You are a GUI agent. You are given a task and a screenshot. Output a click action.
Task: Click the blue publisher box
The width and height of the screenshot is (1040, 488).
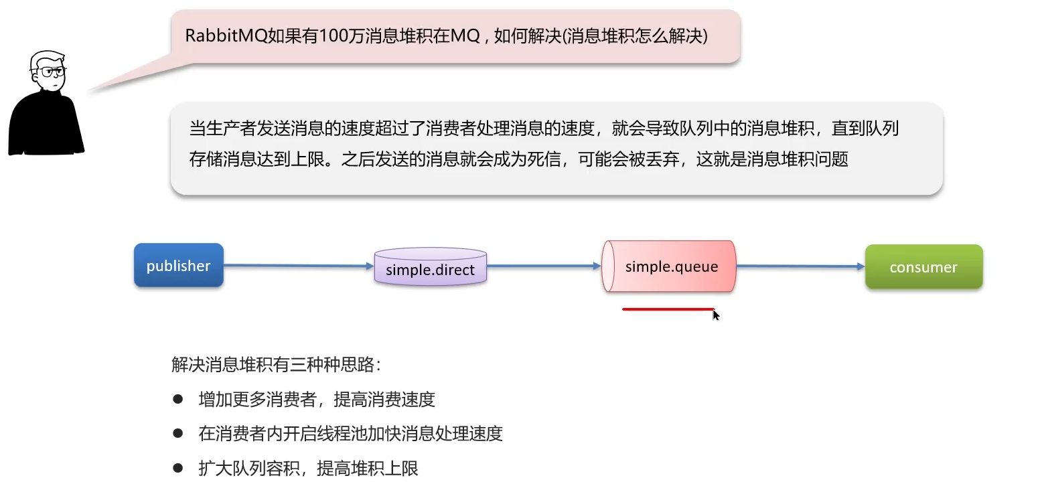[x=178, y=266]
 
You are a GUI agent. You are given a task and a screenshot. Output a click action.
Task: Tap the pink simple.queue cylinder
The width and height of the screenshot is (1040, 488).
[x=670, y=266]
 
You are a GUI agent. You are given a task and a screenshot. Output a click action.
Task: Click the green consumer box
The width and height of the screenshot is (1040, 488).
[x=923, y=267]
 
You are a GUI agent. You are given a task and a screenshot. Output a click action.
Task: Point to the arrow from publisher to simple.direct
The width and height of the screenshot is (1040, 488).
[x=298, y=266]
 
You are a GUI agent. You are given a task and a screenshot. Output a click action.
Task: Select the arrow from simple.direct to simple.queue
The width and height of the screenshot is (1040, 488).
[x=544, y=266]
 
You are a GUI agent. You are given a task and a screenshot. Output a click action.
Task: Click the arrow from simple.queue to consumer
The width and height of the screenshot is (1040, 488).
[x=800, y=266]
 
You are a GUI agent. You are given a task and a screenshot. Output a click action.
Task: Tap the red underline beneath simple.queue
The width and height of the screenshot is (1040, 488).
[x=668, y=309]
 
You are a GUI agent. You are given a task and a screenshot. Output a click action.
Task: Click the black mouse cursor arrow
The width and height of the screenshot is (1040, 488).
[x=715, y=315]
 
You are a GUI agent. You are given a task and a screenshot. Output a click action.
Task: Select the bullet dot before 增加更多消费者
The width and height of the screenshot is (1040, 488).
[x=178, y=399]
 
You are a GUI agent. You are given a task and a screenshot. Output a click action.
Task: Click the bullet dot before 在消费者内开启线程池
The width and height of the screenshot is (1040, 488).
[x=178, y=433]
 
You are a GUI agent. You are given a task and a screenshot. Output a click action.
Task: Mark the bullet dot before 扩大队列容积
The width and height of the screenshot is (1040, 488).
[x=178, y=467]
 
